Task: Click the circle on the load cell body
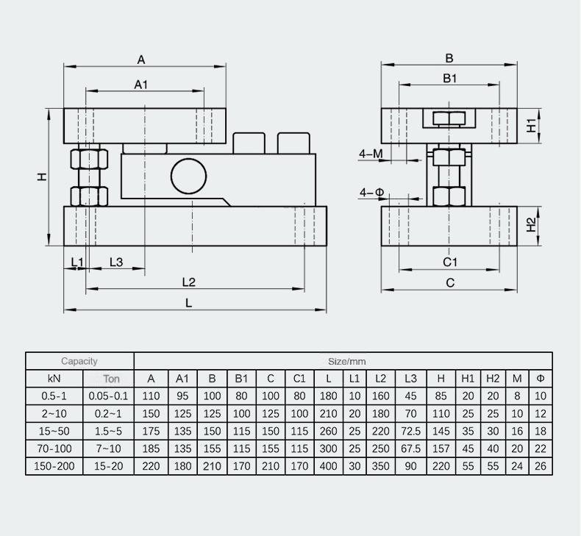pos(190,176)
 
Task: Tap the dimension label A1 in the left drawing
pos(141,85)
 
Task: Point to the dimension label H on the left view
pos(42,176)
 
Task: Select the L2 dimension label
pos(188,282)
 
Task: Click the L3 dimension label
pos(115,262)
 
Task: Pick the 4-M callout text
pos(371,154)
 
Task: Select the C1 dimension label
pos(450,262)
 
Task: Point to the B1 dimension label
pos(450,77)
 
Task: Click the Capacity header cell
pos(79,361)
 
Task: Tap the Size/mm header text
pos(346,361)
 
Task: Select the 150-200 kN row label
pos(54,466)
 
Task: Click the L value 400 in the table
pos(328,466)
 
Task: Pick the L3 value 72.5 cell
pos(410,431)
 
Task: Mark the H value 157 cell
pos(441,449)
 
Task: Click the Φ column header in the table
pos(541,379)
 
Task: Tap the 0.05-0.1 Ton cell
pos(109,396)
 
